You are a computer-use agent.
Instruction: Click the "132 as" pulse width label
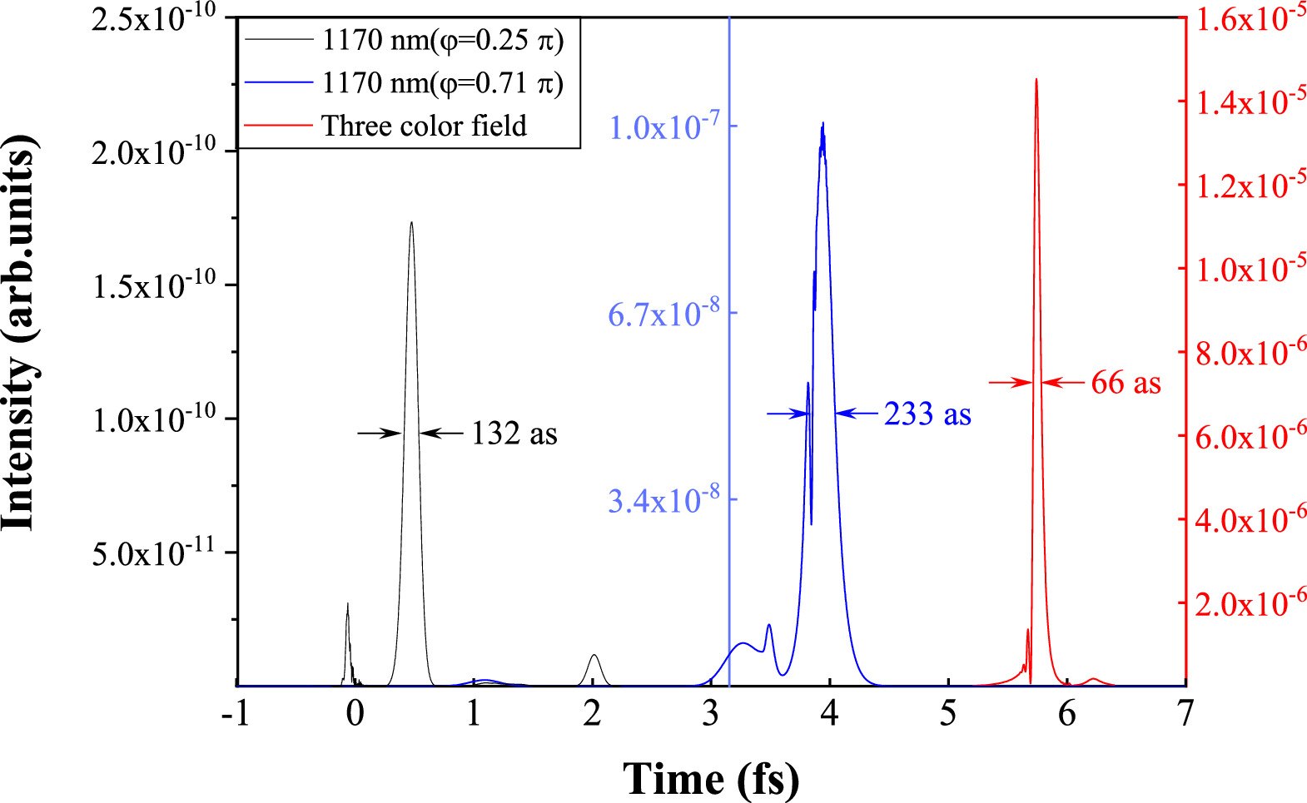[x=514, y=434]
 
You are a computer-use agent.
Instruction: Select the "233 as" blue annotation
[x=927, y=414]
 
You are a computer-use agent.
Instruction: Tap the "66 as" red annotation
[x=1126, y=383]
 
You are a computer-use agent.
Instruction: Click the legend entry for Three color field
[x=424, y=126]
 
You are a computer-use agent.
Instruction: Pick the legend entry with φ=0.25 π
[x=442, y=39]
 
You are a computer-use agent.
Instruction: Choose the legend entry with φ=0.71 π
[x=442, y=82]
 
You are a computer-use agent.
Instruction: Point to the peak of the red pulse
[x=1036, y=80]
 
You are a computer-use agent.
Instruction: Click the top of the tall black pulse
[x=411, y=222]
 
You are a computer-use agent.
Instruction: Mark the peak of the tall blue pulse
[x=822, y=124]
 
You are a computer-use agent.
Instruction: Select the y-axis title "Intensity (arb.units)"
[x=20, y=333]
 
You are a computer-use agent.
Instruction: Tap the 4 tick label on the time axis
[x=829, y=714]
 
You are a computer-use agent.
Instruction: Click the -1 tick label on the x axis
[x=236, y=714]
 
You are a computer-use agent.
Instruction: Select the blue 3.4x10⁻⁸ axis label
[x=664, y=499]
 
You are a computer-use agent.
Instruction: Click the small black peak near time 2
[x=593, y=656]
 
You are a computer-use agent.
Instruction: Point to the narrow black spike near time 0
[x=347, y=605]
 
